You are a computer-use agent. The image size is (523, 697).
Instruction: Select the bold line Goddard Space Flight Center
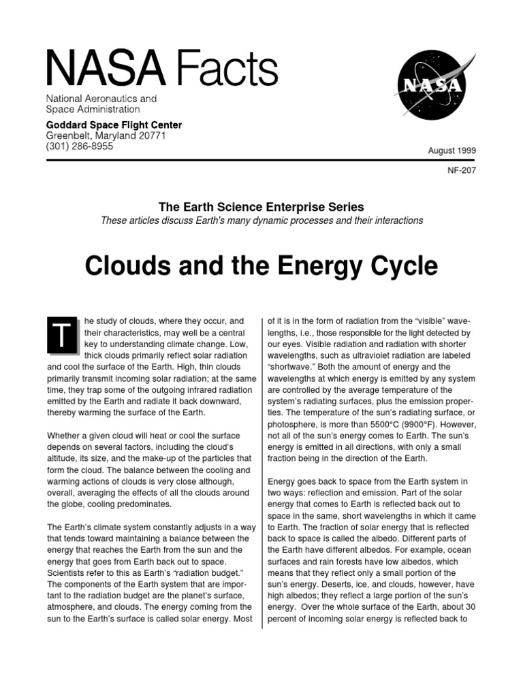point(114,125)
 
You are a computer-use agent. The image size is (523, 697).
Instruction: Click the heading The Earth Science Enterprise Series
point(261,206)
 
